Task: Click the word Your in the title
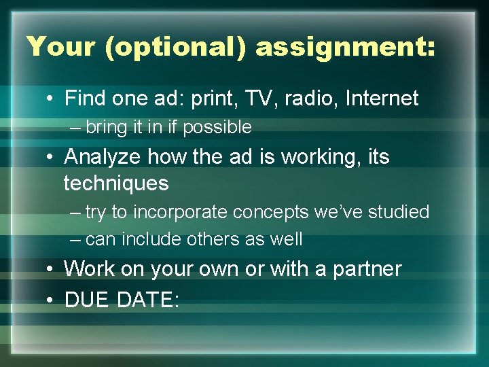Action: click(x=59, y=46)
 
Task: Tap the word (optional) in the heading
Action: click(x=173, y=46)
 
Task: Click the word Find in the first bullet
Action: click(x=85, y=99)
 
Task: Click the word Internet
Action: click(x=382, y=99)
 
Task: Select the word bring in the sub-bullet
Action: click(x=105, y=127)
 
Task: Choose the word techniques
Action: click(x=115, y=183)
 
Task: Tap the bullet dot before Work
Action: click(x=51, y=270)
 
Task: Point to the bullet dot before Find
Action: click(x=51, y=99)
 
